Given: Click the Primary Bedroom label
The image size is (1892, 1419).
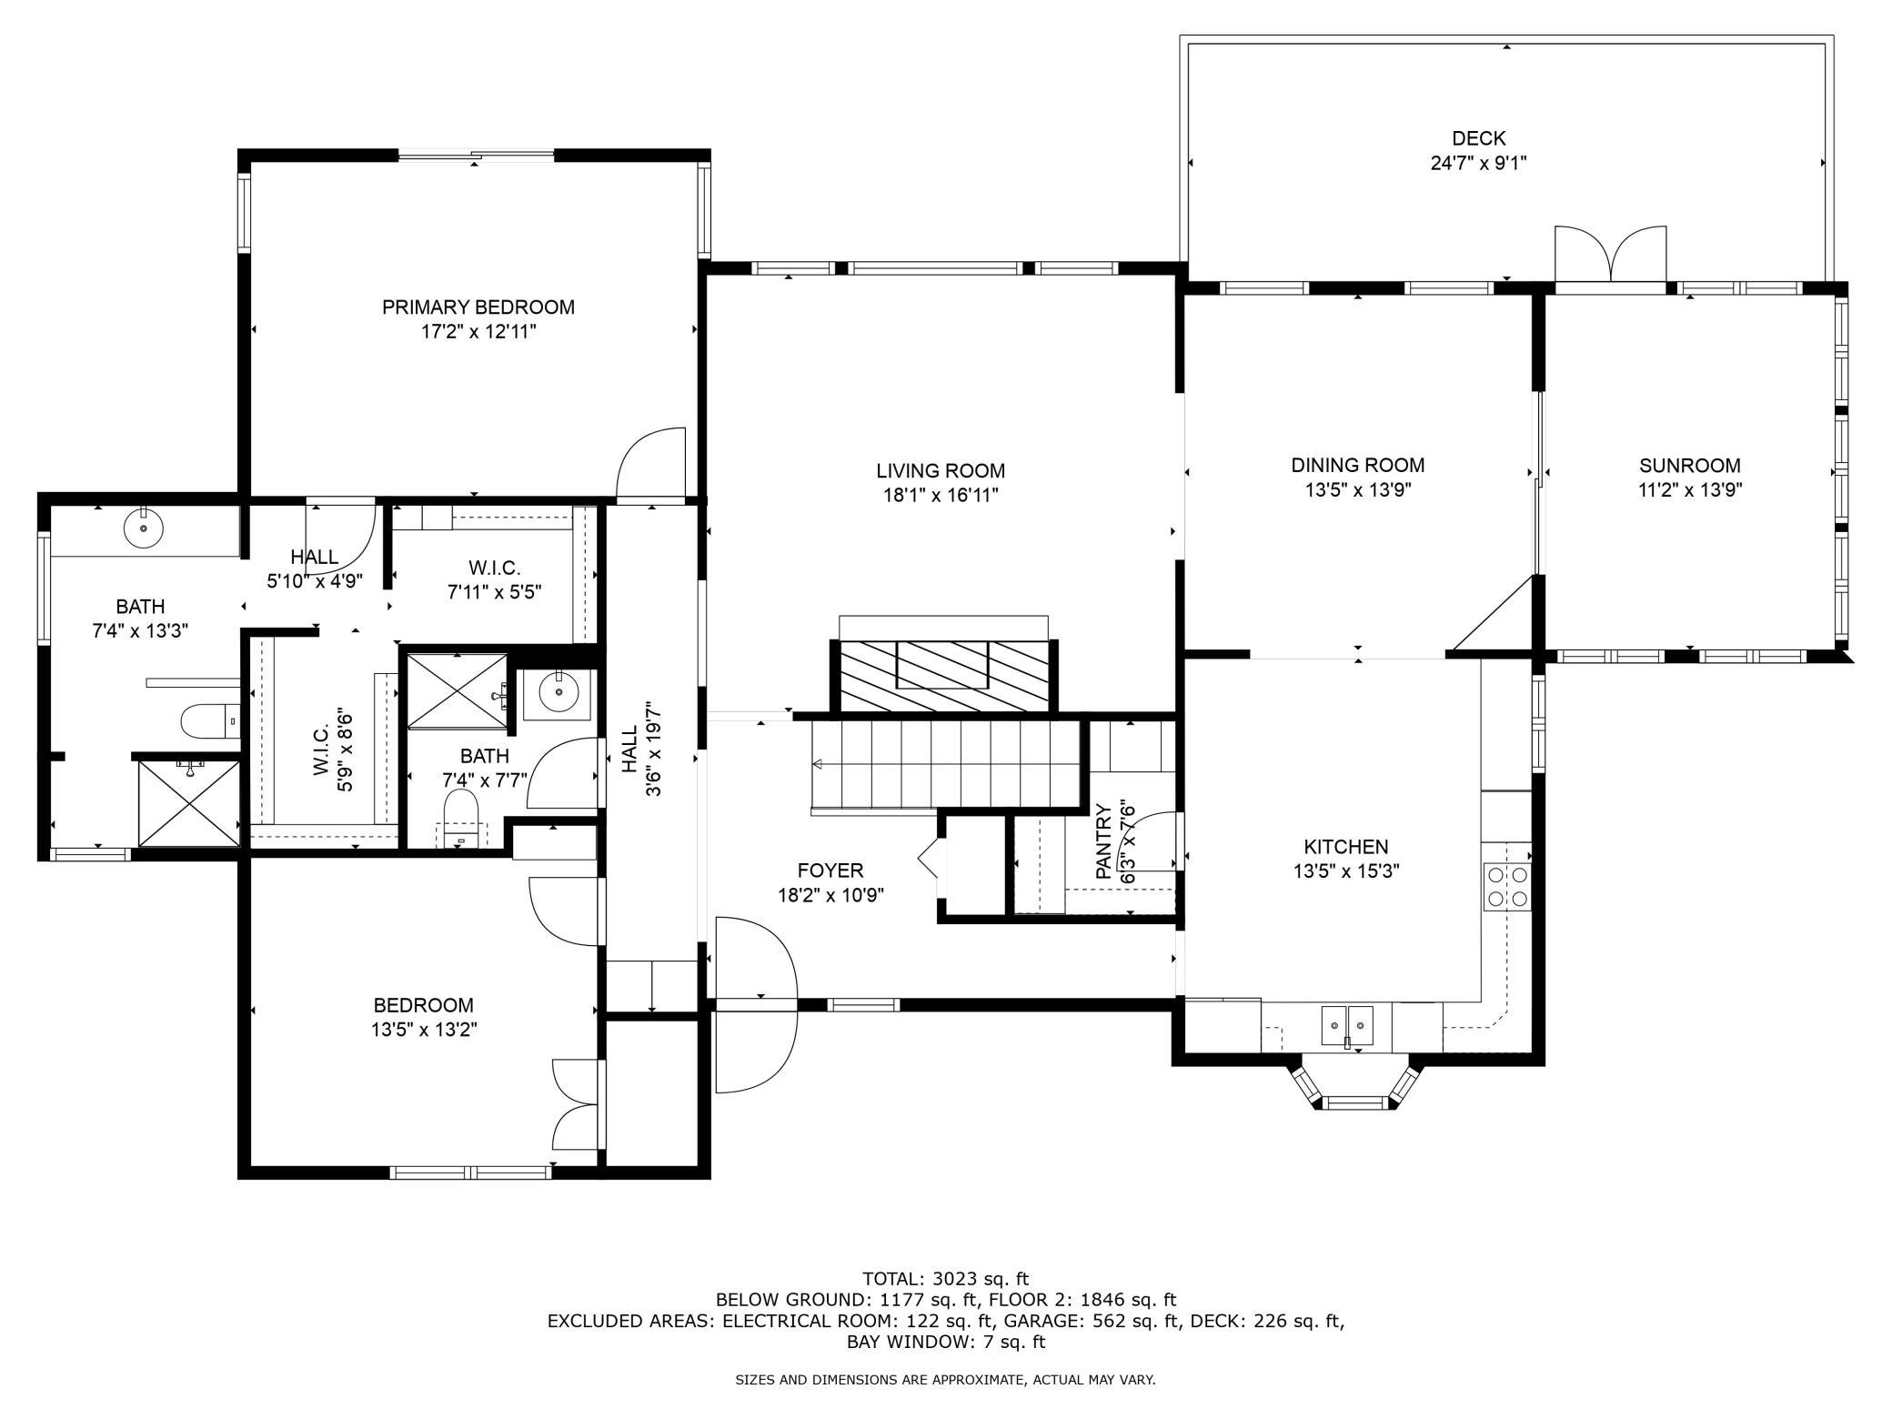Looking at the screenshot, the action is tap(478, 307).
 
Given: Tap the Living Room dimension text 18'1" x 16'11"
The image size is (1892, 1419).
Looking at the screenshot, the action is tap(941, 496).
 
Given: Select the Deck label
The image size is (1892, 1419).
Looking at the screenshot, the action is tap(1478, 138).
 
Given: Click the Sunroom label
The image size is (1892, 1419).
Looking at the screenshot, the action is tap(1689, 466).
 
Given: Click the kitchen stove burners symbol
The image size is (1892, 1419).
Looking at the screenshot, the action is tap(1507, 887).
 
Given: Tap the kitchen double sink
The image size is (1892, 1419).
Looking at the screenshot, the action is tap(1347, 1025).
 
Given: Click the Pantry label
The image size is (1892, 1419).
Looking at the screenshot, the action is tap(1103, 840).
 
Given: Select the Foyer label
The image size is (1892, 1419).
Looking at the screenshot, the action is tap(830, 871).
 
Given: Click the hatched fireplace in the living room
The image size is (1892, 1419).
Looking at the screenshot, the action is tap(944, 676).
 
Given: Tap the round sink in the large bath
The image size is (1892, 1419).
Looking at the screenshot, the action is tap(143, 528).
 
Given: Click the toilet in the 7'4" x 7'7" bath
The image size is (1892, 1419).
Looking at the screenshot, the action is tap(460, 818).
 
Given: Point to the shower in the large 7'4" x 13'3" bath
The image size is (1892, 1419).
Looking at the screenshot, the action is tap(188, 803).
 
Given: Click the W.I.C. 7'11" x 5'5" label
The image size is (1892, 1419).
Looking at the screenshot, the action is tap(495, 579).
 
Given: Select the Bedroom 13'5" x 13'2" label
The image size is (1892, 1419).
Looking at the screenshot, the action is tap(424, 1017).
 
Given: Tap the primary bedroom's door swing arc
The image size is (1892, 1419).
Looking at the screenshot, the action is tap(650, 463).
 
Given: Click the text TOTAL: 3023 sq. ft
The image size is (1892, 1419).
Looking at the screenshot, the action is tap(945, 1279).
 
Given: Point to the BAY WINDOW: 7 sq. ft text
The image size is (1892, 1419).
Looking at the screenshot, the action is tap(946, 1342).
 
